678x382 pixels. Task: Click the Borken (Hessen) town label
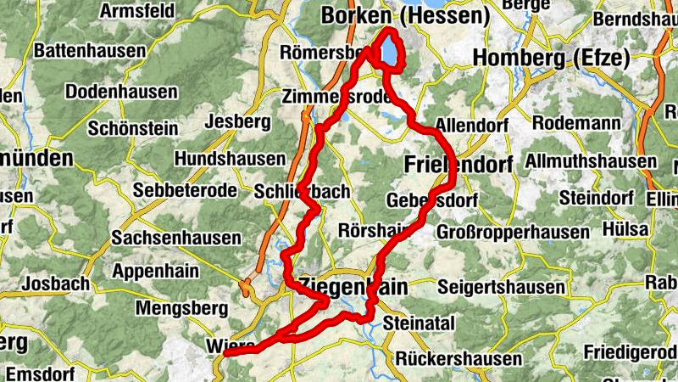[x=406, y=16]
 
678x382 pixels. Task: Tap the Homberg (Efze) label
[x=551, y=59]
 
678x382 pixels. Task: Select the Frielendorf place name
[x=458, y=164]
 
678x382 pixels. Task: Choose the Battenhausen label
[x=90, y=51]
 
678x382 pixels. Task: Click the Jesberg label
[x=243, y=122]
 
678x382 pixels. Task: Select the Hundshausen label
[x=230, y=159]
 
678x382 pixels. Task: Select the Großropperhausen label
[x=513, y=232]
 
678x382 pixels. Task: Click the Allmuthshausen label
[x=591, y=160]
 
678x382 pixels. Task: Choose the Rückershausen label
[x=456, y=357]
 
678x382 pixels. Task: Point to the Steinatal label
[x=420, y=323]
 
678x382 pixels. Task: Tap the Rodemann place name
[x=570, y=123]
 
